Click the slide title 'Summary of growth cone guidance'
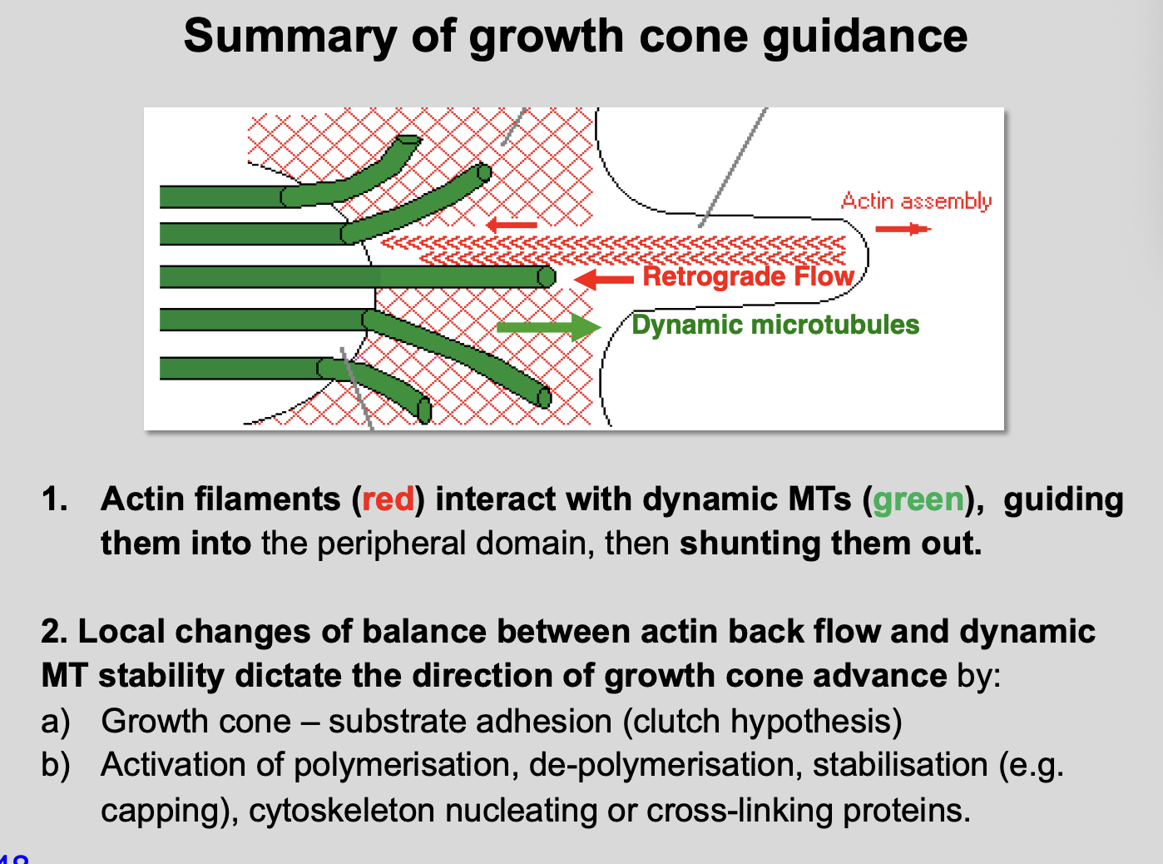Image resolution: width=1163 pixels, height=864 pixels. pos(575,36)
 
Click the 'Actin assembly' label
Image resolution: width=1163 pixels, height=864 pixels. pos(916,201)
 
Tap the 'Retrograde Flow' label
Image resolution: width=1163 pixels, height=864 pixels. pos(748,276)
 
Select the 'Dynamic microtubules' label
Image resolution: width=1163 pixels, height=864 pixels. pos(775,325)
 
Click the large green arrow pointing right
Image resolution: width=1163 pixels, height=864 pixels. pos(548,326)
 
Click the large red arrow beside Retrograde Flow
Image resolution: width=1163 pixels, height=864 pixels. pos(604,279)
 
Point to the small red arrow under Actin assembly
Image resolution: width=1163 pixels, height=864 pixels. pos(903,228)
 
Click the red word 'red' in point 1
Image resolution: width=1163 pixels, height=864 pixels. pos(388,499)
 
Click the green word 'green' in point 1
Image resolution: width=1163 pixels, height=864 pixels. pos(918,499)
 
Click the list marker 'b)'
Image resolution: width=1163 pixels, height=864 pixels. pos(56,765)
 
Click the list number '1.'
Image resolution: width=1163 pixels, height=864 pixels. pos(55,499)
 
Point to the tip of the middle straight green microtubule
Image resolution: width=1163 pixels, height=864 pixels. pos(546,276)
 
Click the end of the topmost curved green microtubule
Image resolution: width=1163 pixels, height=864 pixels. pos(408,142)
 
